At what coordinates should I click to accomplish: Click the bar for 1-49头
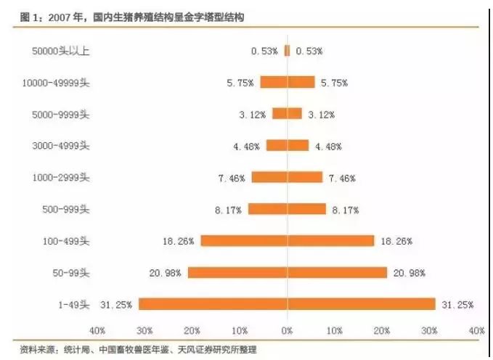[287, 304]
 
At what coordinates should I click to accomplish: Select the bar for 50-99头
[287, 272]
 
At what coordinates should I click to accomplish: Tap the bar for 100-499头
[287, 240]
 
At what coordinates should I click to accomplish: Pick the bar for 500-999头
[287, 209]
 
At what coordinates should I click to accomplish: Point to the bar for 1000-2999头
[287, 177]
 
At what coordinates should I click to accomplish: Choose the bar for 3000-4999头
[287, 145]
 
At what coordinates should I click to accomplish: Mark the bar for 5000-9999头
[287, 113]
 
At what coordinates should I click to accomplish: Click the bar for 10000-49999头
[287, 82]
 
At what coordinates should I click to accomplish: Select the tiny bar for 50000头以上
[287, 51]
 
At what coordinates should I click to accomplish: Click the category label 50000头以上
[64, 51]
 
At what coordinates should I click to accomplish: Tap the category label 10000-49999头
[57, 82]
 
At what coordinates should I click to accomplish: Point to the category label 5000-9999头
[62, 114]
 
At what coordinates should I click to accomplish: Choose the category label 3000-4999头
[62, 145]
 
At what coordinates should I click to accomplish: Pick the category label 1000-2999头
[62, 177]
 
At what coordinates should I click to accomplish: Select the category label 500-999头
[66, 209]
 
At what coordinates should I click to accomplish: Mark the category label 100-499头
[66, 241]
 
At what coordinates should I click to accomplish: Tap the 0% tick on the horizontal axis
[287, 330]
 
